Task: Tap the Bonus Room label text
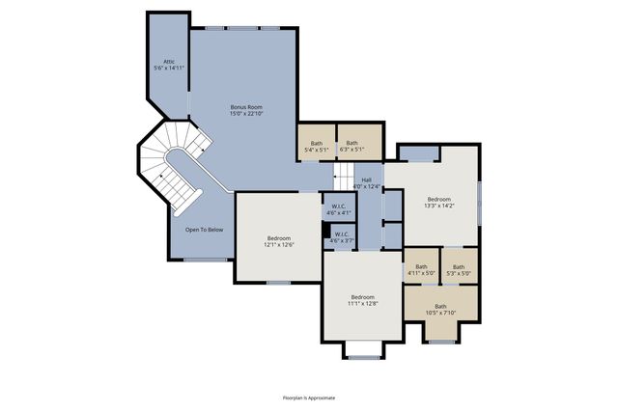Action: pos(246,106)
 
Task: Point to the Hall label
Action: pos(367,179)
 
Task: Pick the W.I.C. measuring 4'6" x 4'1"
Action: pos(339,209)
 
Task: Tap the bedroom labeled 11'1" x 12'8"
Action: pos(362,300)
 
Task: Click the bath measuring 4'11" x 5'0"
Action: pos(421,270)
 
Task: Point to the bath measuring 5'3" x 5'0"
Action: pos(459,270)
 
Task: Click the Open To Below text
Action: pos(205,230)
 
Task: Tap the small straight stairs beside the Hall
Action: pos(344,177)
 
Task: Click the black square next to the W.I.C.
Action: pos(326,230)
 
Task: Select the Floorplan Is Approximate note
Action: pos(308,397)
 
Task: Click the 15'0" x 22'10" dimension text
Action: pos(246,114)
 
